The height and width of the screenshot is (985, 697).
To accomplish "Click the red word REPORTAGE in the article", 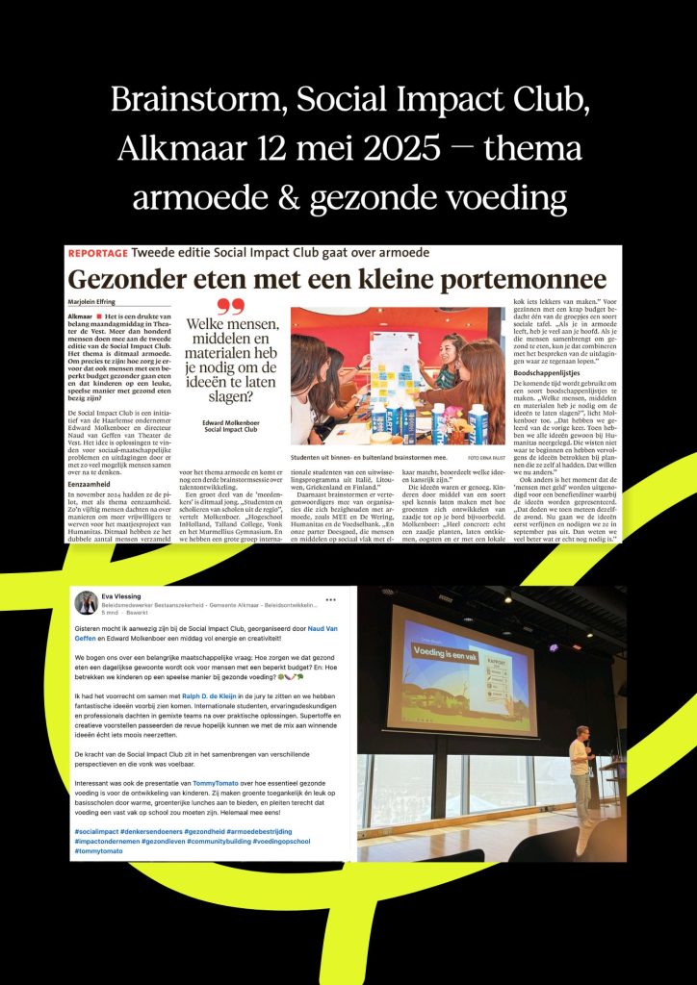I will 104,253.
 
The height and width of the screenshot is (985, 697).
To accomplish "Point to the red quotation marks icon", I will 230,308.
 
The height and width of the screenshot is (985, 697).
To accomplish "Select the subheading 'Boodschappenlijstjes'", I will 554,372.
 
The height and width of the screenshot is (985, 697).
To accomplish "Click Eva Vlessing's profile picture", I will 86,603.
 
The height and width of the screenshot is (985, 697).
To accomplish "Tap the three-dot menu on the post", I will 331,598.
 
